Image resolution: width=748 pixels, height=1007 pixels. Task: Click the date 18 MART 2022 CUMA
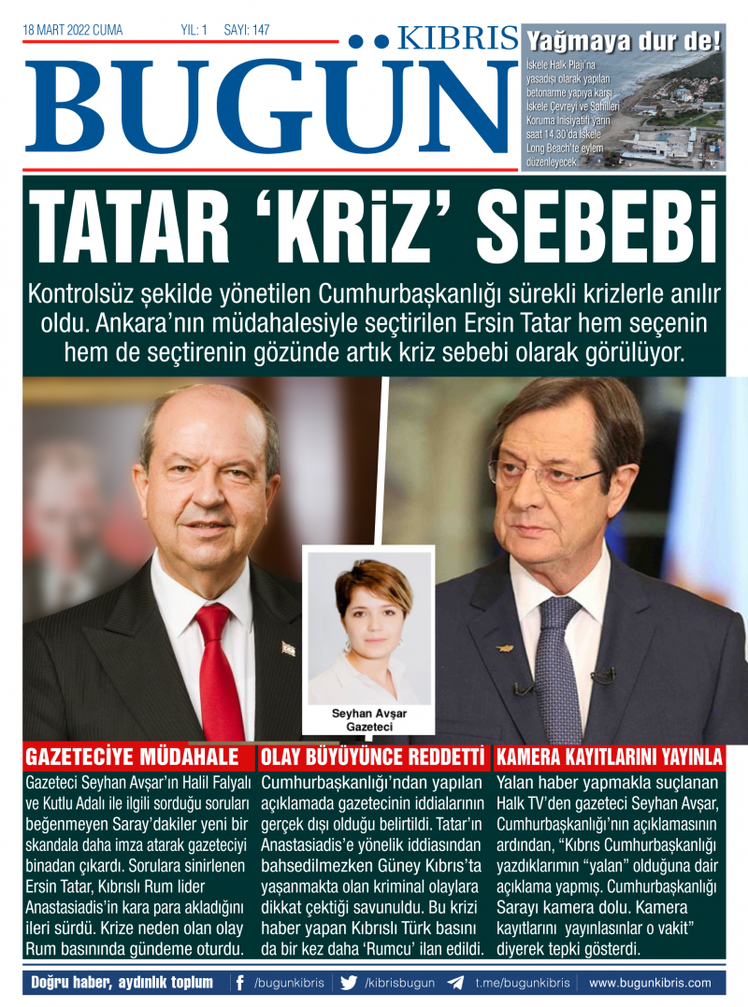pos(73,31)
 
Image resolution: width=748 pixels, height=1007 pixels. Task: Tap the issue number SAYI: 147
pos(247,31)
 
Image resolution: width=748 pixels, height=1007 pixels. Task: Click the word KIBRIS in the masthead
pos(457,38)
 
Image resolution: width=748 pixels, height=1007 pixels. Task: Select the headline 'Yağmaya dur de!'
pos(624,41)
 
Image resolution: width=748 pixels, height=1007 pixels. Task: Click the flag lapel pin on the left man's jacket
pos(288,648)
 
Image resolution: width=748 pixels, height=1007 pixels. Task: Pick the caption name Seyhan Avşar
pos(369,714)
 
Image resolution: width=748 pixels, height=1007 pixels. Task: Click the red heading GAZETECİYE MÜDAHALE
pos(132,757)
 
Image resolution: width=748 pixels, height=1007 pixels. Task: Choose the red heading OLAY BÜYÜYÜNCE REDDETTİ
pos(373,757)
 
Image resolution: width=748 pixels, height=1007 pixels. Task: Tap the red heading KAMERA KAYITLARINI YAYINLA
pos(609,757)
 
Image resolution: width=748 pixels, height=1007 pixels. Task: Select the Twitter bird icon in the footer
pos(349,983)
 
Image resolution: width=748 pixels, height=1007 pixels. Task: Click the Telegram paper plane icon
pos(455,983)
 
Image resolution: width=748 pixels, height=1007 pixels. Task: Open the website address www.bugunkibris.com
pos(649,983)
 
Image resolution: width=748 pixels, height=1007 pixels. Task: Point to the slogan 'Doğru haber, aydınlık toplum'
pos(122,983)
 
